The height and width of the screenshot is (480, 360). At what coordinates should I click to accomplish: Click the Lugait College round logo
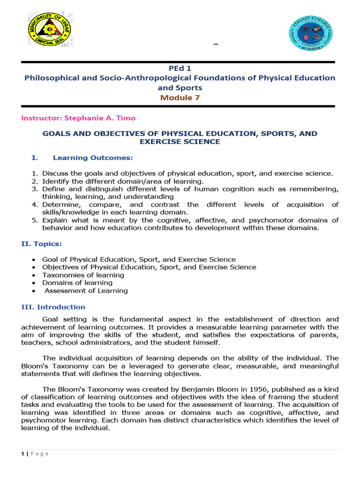click(310, 35)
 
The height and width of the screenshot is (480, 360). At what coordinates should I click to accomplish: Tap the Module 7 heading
click(180, 97)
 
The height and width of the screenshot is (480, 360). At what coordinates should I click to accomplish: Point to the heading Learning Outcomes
click(93, 157)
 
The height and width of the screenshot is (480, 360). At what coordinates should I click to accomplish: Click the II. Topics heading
click(41, 244)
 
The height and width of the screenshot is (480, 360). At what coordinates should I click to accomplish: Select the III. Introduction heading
click(53, 307)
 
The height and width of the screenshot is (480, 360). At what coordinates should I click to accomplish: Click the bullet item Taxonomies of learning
click(83, 275)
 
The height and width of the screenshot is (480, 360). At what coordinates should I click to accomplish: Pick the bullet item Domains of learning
click(77, 283)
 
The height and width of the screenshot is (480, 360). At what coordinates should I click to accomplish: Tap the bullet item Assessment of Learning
click(86, 291)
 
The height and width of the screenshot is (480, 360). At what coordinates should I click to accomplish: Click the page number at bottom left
click(23, 453)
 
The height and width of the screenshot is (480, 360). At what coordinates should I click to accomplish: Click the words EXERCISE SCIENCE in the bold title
click(180, 142)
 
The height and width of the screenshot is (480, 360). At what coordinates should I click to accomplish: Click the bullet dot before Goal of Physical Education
click(33, 260)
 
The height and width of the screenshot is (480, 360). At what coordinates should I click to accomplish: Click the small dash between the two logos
click(216, 45)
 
